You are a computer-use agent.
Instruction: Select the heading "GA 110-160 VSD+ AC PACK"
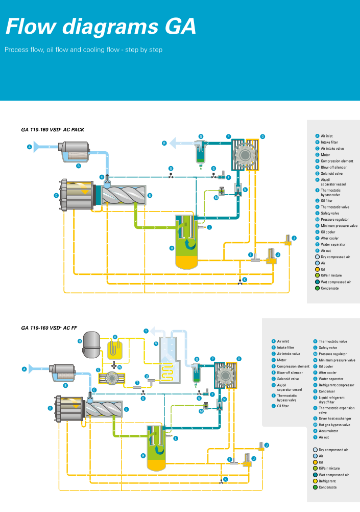click(x=53, y=129)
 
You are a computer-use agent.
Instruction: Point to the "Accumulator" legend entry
click(x=328, y=431)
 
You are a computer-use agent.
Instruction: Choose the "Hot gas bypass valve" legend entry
click(x=334, y=425)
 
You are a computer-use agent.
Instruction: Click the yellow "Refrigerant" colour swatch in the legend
click(x=316, y=481)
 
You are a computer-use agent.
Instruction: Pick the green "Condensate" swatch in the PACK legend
click(x=317, y=288)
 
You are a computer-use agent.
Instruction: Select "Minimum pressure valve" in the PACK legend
click(x=339, y=226)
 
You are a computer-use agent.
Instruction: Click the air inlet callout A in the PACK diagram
click(x=30, y=147)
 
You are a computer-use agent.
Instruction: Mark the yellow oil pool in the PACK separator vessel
click(x=186, y=262)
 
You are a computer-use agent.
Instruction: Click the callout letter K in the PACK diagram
click(x=245, y=280)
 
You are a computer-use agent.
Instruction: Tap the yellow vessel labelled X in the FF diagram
click(x=115, y=350)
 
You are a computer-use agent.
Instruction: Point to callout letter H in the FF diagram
click(x=143, y=455)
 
